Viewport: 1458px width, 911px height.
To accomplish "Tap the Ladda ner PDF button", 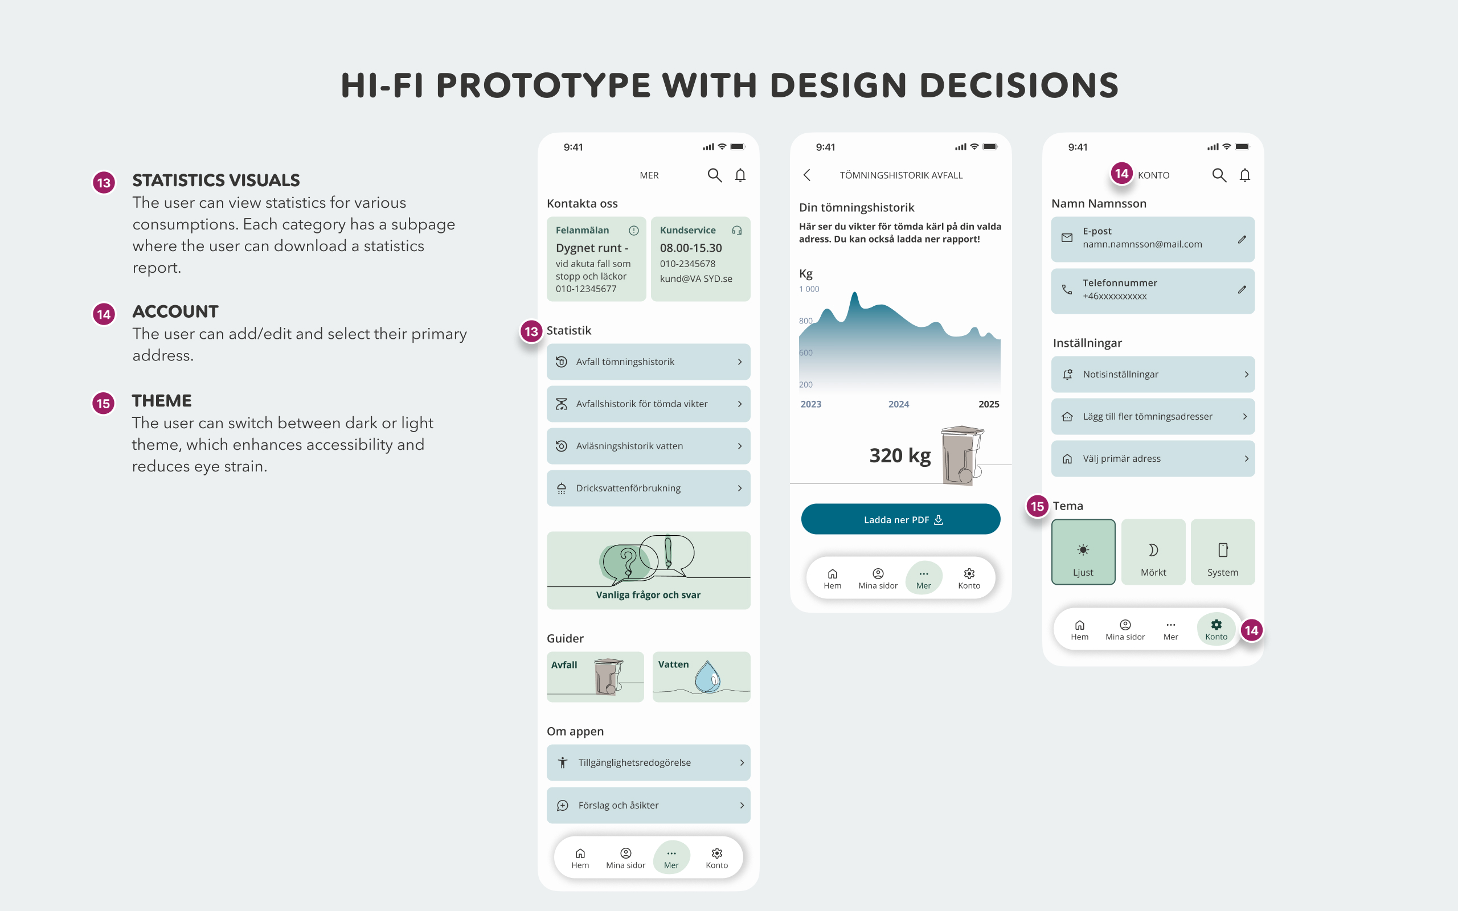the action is [x=900, y=519].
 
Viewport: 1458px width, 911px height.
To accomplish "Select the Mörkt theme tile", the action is [x=1153, y=551].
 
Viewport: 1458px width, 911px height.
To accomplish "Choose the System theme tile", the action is [x=1222, y=551].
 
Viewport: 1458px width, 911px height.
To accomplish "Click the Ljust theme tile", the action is [x=1083, y=551].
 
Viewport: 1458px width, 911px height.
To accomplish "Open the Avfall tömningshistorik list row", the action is [x=648, y=362].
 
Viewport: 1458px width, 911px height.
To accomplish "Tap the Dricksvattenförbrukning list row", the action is [x=648, y=488].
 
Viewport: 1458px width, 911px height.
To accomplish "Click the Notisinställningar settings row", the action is [x=1153, y=374].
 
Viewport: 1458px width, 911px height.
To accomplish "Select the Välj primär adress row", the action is [x=1153, y=458].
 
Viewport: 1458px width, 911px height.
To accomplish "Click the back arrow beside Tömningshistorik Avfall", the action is [x=806, y=175].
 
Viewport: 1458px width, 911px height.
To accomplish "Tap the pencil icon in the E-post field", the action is [x=1242, y=239].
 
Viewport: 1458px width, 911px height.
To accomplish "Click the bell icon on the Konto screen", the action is [x=1245, y=175].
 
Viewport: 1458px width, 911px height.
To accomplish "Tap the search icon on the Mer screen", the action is [x=715, y=175].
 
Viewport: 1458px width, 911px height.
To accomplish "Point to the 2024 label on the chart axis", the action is [x=898, y=404].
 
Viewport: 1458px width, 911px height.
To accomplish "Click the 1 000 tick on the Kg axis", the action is [x=809, y=289].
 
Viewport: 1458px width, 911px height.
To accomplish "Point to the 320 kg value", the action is [x=899, y=455].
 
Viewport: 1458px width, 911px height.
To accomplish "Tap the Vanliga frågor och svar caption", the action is [x=648, y=594].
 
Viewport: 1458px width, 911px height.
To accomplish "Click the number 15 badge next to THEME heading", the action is [x=104, y=403].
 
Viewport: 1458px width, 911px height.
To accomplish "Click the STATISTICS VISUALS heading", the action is [x=216, y=180].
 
